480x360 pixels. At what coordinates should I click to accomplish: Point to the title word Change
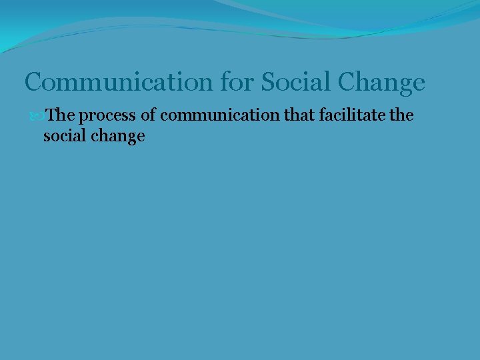[x=381, y=83]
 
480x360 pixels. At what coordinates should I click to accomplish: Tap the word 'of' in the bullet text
[x=149, y=116]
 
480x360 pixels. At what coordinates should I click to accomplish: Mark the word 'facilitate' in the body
[x=353, y=116]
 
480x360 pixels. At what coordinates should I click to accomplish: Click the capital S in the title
[x=267, y=83]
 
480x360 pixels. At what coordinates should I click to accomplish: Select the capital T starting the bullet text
[x=53, y=116]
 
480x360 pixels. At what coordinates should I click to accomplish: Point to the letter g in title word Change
[x=399, y=85]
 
